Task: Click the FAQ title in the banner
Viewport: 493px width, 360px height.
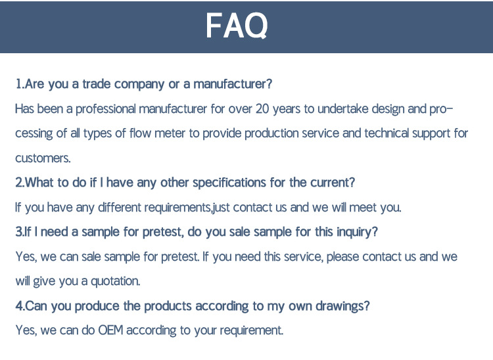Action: coord(237,26)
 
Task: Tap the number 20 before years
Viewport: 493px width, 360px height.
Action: coord(262,108)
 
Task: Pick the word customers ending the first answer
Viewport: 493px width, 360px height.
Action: coord(43,158)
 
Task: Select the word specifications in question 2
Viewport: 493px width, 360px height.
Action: coord(229,183)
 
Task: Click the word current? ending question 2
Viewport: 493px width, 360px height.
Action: coord(333,183)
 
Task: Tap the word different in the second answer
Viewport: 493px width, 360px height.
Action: coord(120,208)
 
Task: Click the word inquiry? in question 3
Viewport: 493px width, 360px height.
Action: coord(357,232)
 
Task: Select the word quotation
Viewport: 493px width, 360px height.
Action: coord(116,281)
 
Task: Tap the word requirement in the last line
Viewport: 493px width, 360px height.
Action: coord(252,330)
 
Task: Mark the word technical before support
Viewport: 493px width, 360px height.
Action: coord(387,133)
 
